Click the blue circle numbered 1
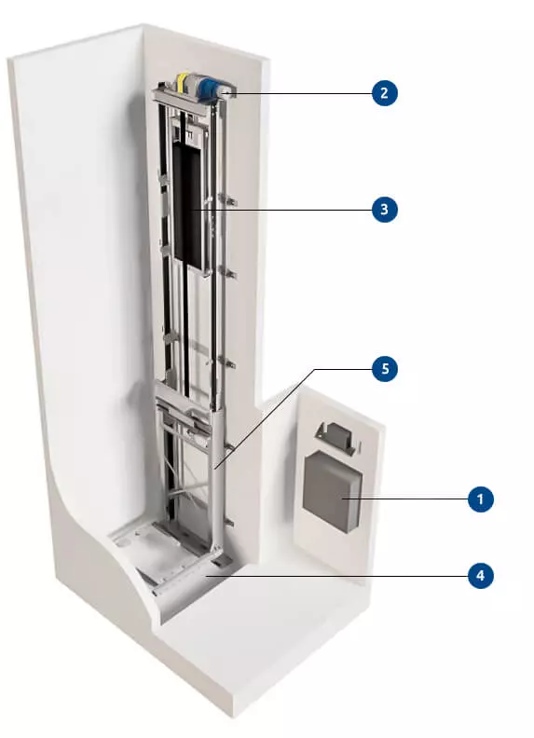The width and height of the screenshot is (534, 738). coord(479,500)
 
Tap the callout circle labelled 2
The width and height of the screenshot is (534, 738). coord(383,92)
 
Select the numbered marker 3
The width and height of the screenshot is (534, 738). coord(383,210)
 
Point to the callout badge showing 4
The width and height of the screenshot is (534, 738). coord(479,575)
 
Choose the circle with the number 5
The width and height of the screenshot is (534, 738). coord(383,369)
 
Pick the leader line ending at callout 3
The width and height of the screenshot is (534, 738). coord(298,210)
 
